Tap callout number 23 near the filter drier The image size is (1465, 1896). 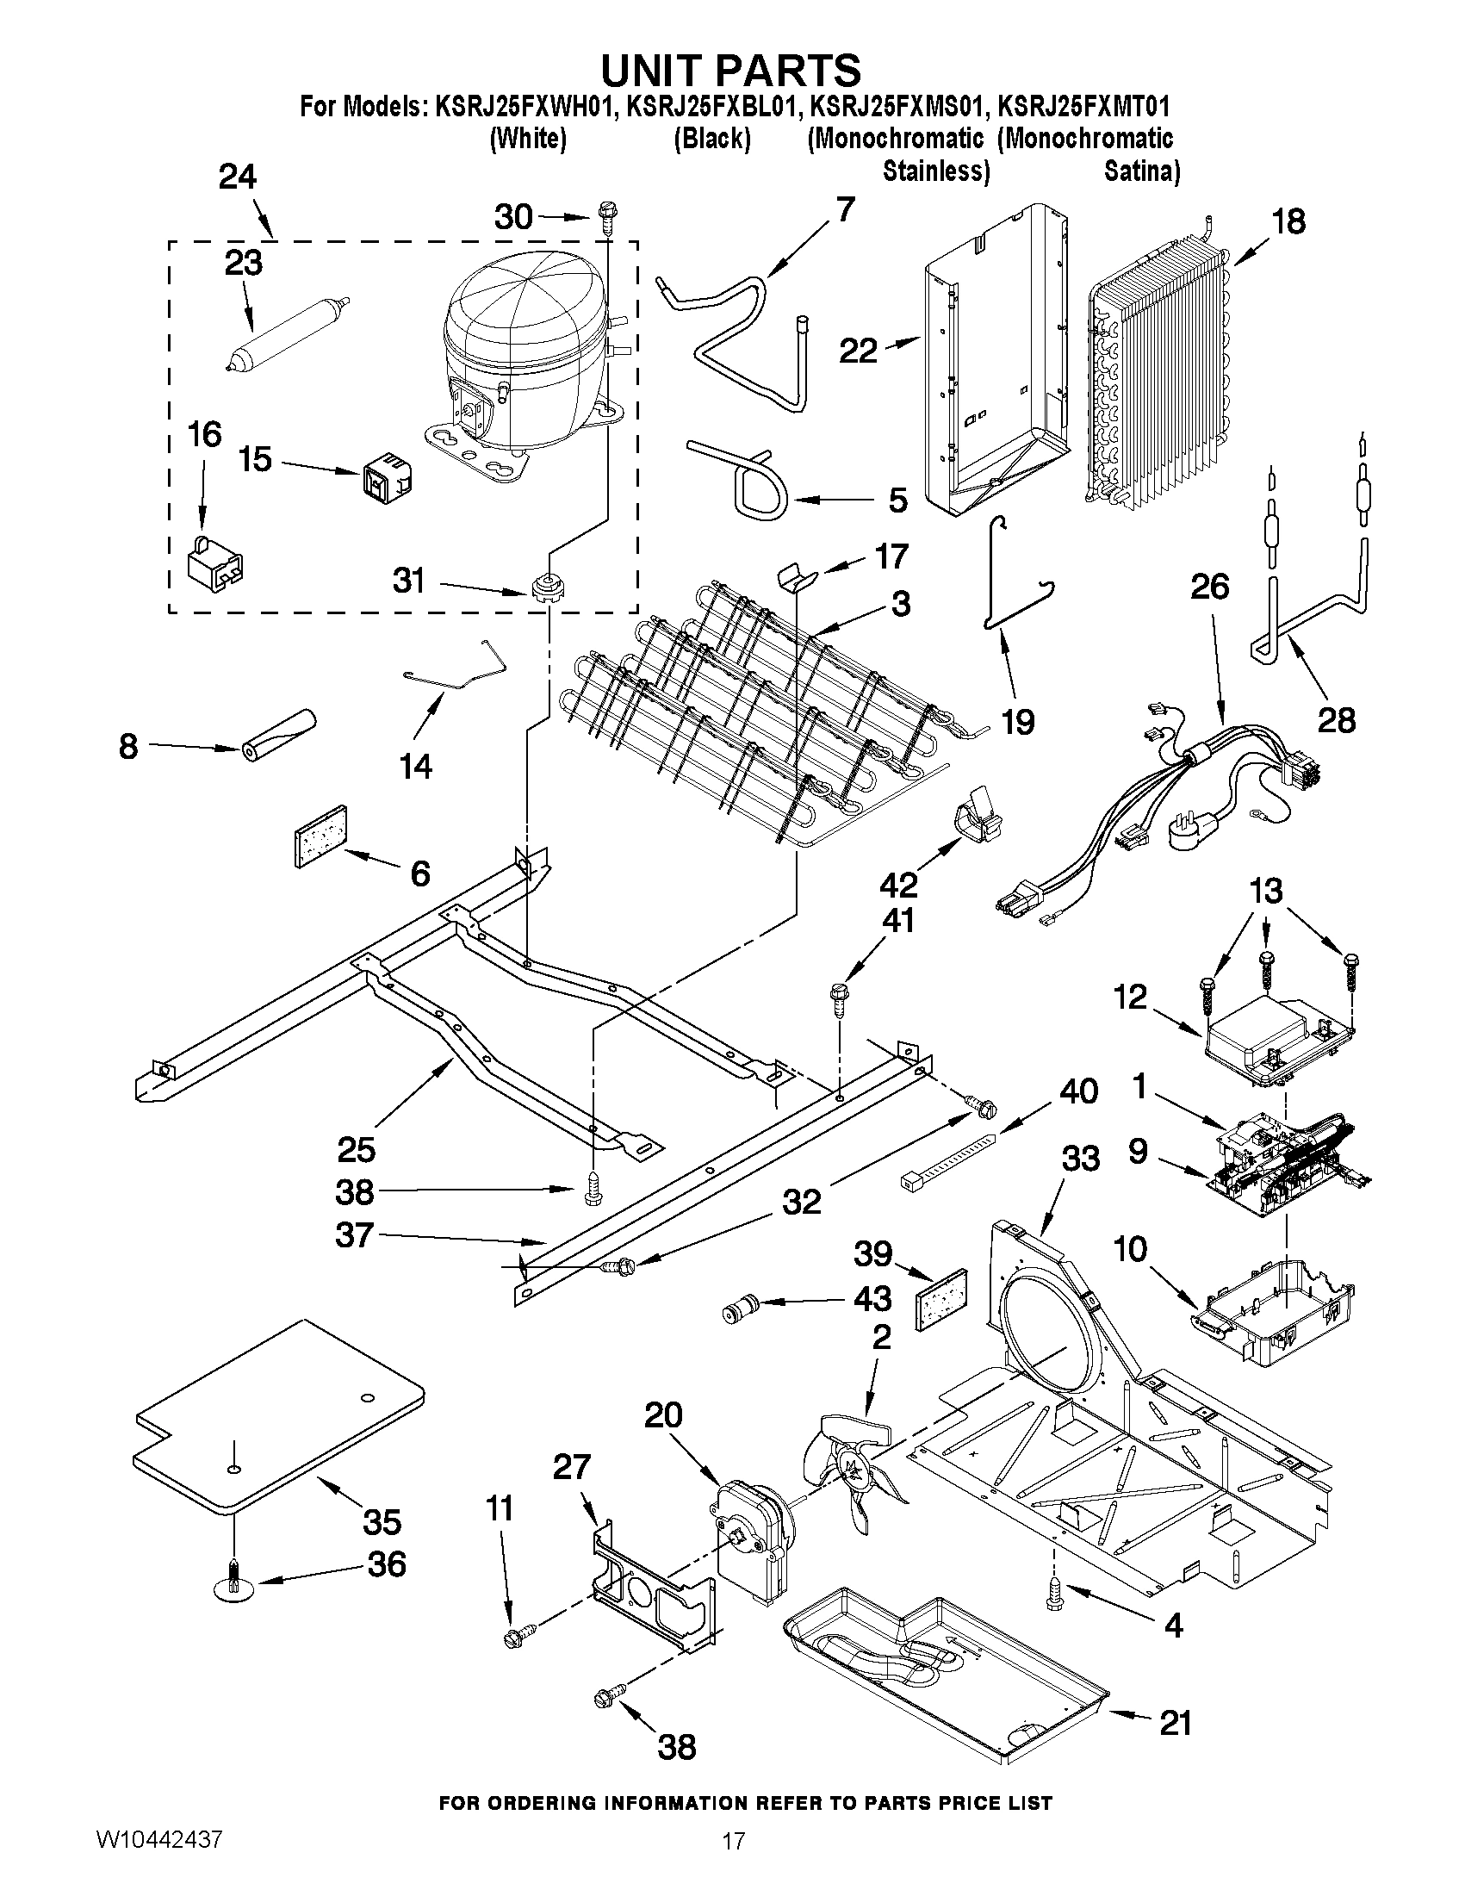point(243,264)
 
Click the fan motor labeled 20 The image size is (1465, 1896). point(754,1544)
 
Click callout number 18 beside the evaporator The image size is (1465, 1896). point(1288,222)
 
